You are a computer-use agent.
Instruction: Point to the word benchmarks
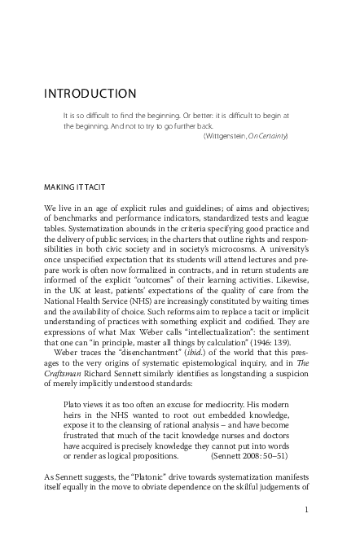73,220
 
